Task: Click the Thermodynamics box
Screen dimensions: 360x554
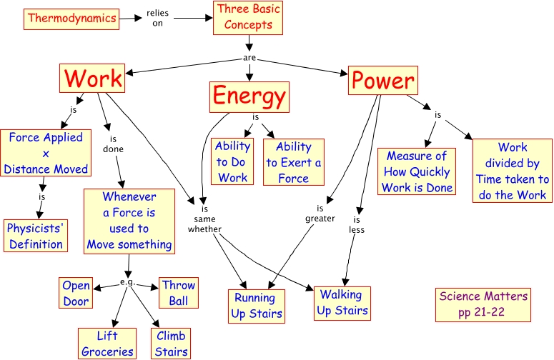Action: [71, 19]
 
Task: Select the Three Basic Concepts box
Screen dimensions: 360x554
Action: [249, 18]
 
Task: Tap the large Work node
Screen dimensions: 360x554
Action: [93, 79]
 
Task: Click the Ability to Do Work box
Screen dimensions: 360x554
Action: [233, 162]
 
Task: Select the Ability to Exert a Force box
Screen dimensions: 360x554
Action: [293, 162]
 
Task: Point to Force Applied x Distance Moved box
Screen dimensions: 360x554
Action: [46, 154]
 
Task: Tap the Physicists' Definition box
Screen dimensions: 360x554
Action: [36, 236]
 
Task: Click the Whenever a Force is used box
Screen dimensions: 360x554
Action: [129, 221]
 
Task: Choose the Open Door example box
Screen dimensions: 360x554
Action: [76, 293]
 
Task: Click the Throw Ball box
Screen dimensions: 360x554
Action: [178, 293]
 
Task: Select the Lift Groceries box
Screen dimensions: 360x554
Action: [107, 344]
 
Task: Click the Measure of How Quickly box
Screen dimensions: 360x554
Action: [417, 171]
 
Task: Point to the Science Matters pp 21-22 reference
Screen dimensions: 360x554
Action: [484, 304]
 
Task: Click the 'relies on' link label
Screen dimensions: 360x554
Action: [158, 18]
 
